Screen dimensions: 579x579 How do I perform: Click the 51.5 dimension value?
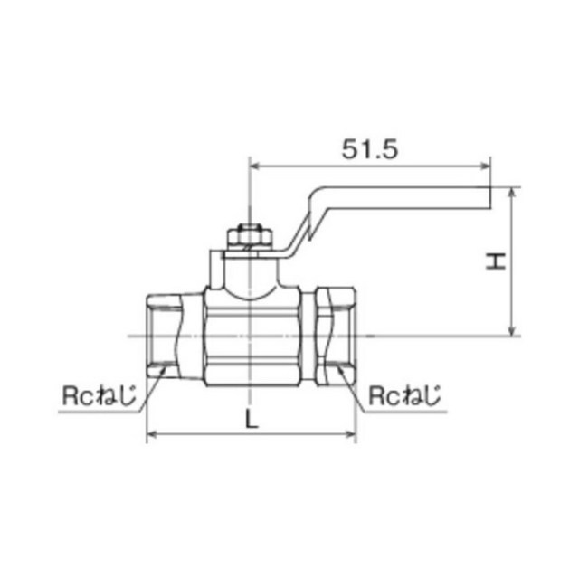[370, 149]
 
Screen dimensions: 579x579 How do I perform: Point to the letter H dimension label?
[495, 261]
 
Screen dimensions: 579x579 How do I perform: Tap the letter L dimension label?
[252, 420]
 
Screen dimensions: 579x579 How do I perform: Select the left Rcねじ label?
[99, 395]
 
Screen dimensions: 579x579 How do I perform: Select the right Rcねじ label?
[405, 395]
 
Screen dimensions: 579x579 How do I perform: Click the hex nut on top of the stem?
[250, 237]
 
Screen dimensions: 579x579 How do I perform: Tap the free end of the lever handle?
[490, 198]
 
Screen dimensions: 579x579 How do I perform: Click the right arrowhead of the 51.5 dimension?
[485, 166]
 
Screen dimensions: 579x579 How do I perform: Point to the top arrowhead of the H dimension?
[512, 193]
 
